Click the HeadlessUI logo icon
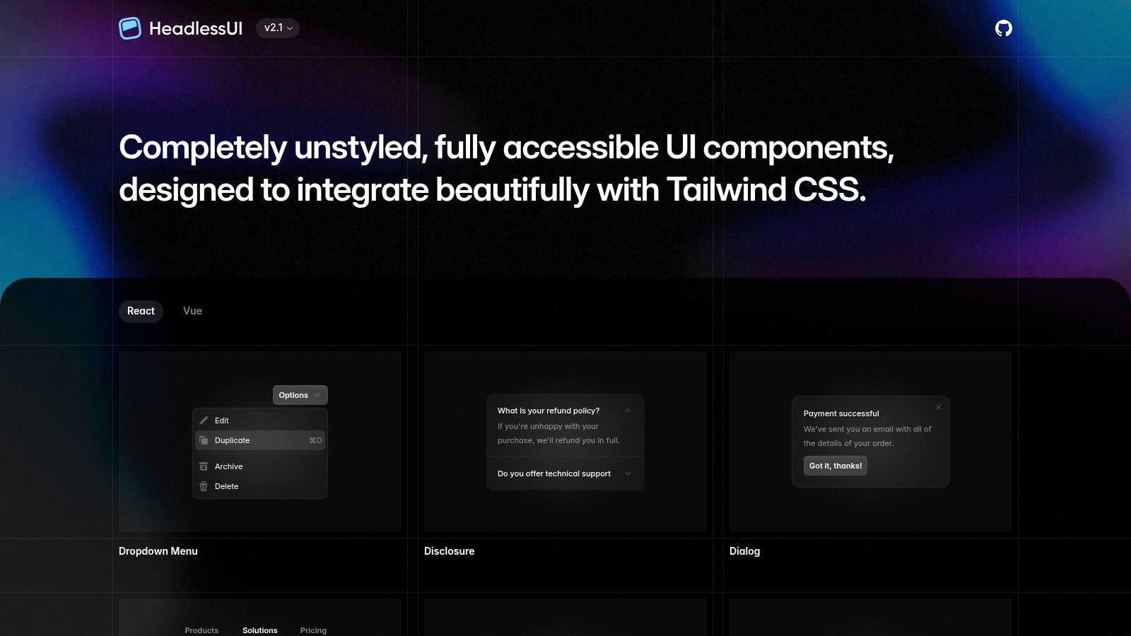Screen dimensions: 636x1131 tap(130, 28)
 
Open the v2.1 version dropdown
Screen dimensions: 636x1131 tap(278, 28)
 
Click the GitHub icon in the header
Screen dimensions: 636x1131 tap(1003, 28)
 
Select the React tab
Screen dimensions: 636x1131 tap(141, 311)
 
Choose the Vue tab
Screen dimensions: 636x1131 tap(192, 311)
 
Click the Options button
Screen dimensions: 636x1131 tap(300, 395)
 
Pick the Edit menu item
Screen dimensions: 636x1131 tap(222, 420)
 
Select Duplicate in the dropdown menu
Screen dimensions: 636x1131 tap(233, 440)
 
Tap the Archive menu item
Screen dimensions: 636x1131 tap(228, 466)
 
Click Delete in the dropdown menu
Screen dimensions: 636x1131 tap(226, 486)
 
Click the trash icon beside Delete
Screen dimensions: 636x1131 tap(204, 486)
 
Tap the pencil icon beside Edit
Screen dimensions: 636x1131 tap(204, 420)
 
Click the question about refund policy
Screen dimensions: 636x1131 tap(549, 411)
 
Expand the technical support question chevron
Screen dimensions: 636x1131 tap(628, 473)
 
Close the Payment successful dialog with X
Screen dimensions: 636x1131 tap(939, 407)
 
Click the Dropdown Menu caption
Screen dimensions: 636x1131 tap(158, 551)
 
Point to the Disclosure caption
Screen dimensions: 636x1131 tap(449, 551)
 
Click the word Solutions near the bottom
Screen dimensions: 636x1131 tap(260, 630)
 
